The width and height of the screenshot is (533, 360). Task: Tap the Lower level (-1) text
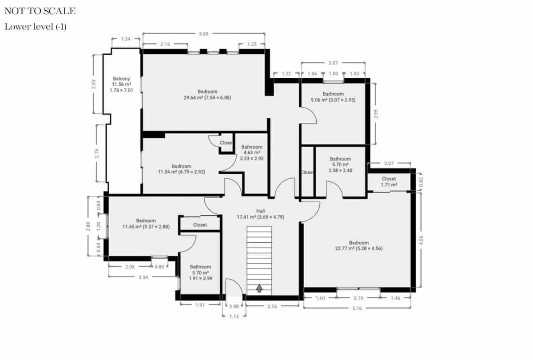pyautogui.click(x=36, y=27)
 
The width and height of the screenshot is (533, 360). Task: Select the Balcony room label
pyautogui.click(x=121, y=84)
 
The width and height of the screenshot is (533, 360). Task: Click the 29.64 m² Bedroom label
pyautogui.click(x=207, y=95)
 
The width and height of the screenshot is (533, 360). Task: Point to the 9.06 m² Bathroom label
pyautogui.click(x=333, y=97)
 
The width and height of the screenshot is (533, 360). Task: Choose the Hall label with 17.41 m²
pyautogui.click(x=260, y=214)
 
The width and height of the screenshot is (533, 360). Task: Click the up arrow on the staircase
pyautogui.click(x=259, y=288)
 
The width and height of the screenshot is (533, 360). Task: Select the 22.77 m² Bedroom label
pyautogui.click(x=358, y=246)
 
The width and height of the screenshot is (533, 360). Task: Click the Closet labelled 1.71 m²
pyautogui.click(x=389, y=181)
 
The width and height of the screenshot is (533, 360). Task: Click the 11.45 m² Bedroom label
pyautogui.click(x=146, y=224)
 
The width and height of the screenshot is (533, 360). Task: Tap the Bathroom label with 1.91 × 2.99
pyautogui.click(x=200, y=272)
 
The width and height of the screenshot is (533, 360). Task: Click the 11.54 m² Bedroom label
pyautogui.click(x=181, y=169)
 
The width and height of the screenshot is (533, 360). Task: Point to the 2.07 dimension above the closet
pyautogui.click(x=389, y=164)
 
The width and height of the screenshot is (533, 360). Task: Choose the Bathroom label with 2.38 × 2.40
pyautogui.click(x=340, y=164)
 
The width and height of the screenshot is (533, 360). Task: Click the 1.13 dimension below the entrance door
pyautogui.click(x=233, y=316)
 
